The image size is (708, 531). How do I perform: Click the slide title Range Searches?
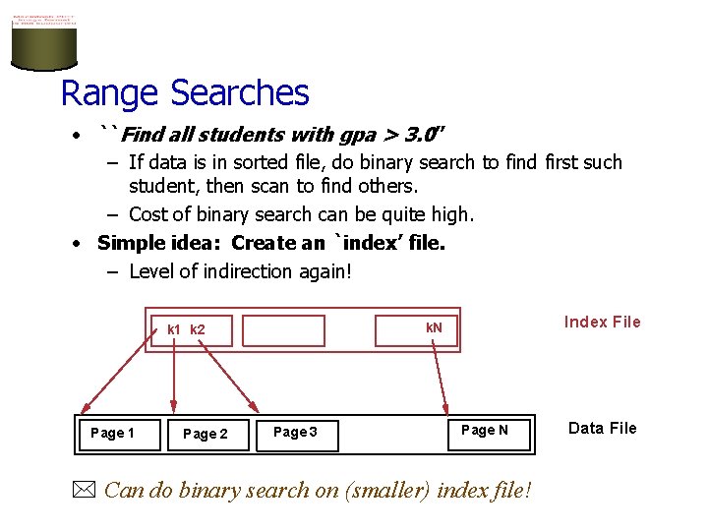tap(185, 93)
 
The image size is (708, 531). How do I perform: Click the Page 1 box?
tap(112, 433)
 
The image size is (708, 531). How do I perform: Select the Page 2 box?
tap(205, 434)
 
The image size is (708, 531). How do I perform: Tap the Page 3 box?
tap(295, 433)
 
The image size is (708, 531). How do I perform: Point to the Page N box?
tap(485, 430)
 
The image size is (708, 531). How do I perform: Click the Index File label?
tap(602, 322)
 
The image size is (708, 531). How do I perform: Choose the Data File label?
tap(602, 428)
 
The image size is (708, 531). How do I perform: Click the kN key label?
tap(434, 327)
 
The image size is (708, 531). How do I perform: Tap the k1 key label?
tap(174, 329)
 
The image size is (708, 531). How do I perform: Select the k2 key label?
tap(198, 329)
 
